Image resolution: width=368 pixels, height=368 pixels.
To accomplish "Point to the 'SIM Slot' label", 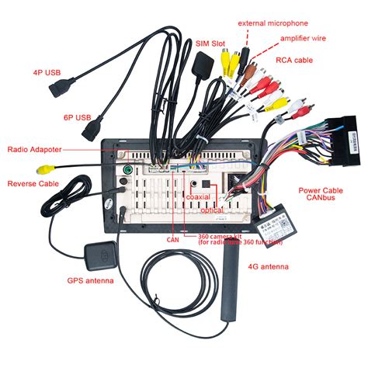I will click(210, 43).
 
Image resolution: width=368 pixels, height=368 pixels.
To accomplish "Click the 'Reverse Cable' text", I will click(32, 184).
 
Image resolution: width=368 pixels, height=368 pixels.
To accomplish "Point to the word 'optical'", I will click(211, 210).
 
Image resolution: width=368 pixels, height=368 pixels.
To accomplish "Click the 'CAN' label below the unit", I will click(172, 240).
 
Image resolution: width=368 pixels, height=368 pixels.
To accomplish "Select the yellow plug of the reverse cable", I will click(50, 167).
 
